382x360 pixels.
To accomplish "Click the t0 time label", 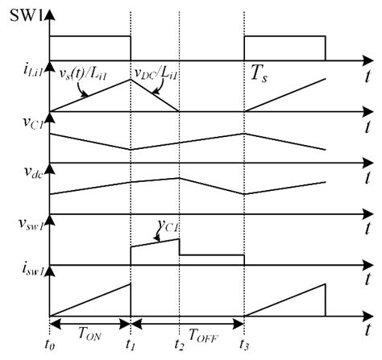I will pyautogui.click(x=51, y=348).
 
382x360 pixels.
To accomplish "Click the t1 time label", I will pyautogui.click(x=130, y=348).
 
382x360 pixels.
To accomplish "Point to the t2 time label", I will pyautogui.click(x=178, y=348).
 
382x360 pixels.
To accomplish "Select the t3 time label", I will pyautogui.click(x=243, y=348).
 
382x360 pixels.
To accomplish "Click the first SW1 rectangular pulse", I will pyautogui.click(x=89, y=48).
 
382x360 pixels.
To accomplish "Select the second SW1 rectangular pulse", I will pyautogui.click(x=284, y=48).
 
